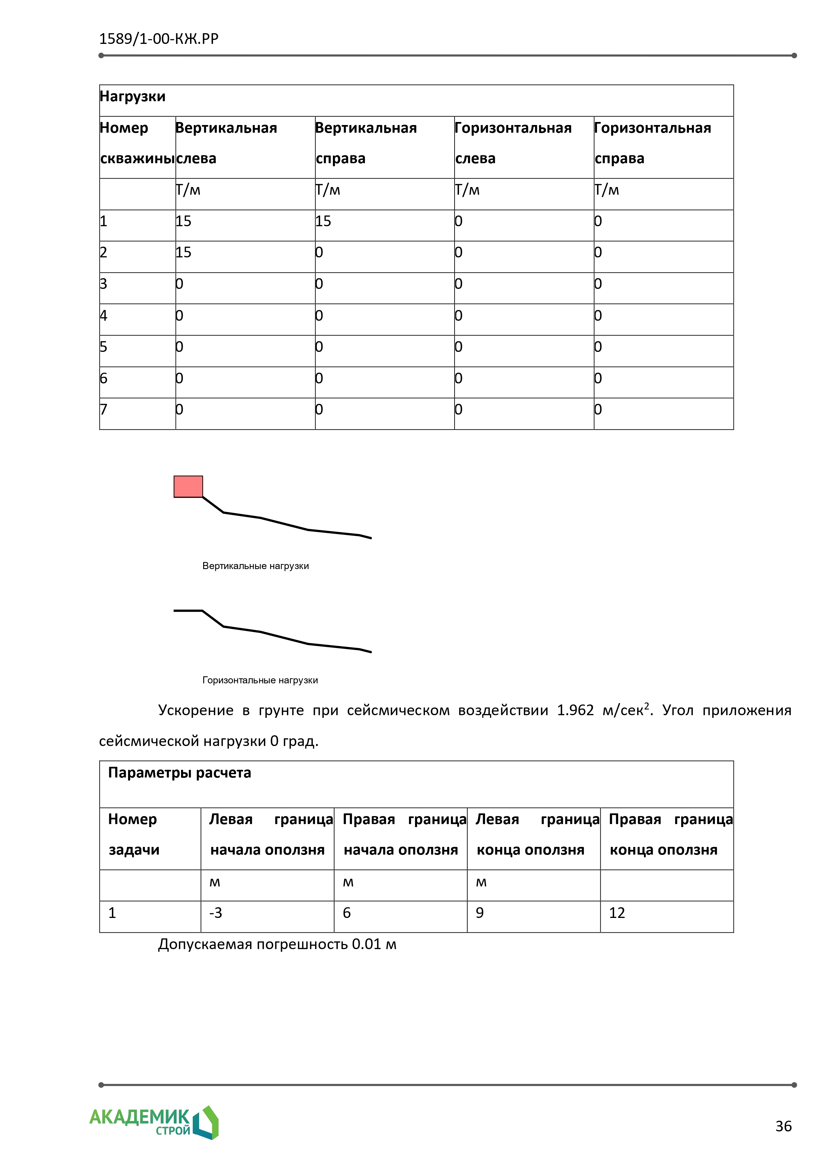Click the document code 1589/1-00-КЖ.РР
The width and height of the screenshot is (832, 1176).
(159, 39)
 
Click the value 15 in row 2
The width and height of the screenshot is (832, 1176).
(183, 252)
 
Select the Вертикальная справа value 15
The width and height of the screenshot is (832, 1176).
(323, 221)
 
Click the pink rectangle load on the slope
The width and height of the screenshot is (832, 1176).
(188, 487)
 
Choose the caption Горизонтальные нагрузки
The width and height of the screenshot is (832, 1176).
(260, 680)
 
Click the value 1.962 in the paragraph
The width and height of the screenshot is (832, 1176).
(575, 710)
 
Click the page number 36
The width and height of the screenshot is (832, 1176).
(783, 1126)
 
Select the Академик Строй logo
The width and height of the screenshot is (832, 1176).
(154, 1122)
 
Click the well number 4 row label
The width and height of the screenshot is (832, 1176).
(104, 315)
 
